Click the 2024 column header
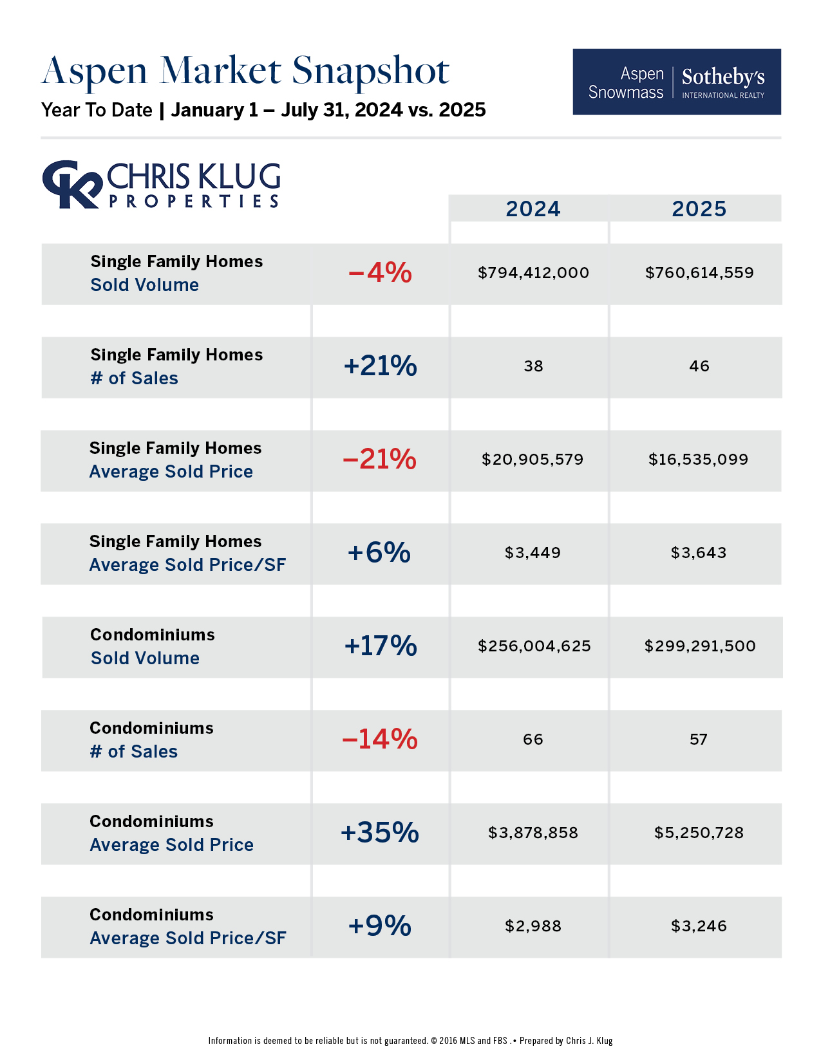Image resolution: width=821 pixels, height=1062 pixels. [533, 209]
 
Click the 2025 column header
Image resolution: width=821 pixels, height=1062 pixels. [699, 209]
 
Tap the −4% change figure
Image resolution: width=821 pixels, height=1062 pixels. [380, 273]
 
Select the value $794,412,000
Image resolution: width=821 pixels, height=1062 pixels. [533, 273]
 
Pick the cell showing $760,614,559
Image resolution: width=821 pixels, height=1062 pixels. [699, 273]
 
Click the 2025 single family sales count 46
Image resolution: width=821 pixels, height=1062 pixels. [699, 366]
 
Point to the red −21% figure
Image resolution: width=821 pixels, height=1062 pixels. [380, 460]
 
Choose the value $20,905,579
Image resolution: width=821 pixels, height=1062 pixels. [533, 460]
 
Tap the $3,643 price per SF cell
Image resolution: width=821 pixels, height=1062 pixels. [699, 553]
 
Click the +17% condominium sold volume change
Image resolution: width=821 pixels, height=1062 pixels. [381, 646]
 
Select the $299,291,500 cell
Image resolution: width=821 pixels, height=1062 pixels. [700, 646]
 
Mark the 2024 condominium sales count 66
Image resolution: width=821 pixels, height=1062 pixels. [533, 740]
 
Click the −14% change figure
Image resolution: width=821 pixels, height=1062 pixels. [380, 740]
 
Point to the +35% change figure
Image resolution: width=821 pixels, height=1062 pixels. [380, 833]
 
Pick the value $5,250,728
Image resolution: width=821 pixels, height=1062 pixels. [699, 833]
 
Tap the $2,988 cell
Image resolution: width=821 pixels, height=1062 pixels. [533, 926]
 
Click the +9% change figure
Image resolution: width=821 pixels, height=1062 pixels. [380, 926]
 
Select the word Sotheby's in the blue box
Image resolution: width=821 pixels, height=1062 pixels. [723, 77]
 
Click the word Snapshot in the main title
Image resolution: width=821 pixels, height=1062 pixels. [370, 71]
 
